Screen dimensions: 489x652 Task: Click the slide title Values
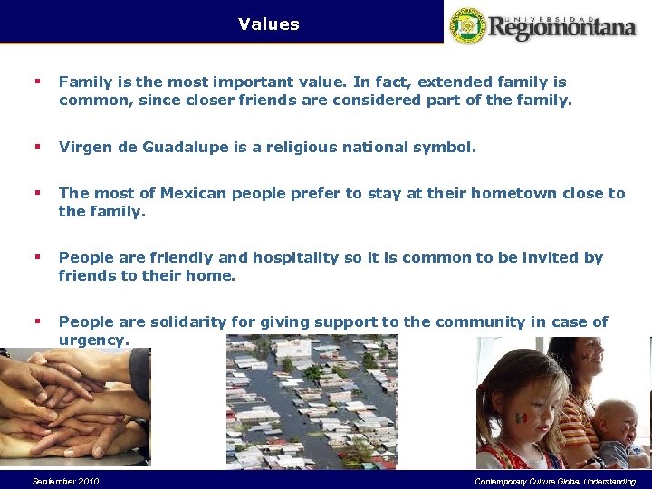coord(268,24)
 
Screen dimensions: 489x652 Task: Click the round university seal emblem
coord(468,25)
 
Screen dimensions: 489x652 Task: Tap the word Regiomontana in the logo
coord(562,27)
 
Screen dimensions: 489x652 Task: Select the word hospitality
coord(297,257)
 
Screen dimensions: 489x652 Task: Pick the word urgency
coord(93,340)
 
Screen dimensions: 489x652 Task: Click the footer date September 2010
coord(65,481)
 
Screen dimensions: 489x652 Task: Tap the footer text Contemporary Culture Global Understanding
coord(554,481)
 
